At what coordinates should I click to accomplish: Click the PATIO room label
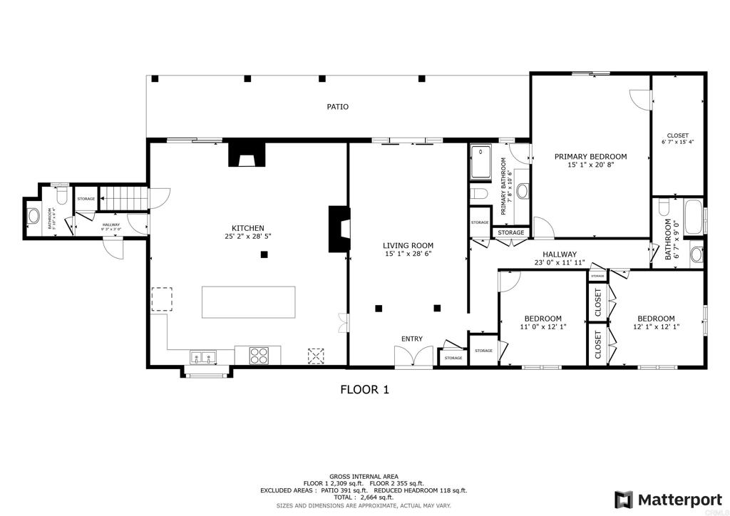tap(338, 107)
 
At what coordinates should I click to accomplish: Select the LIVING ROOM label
tap(408, 245)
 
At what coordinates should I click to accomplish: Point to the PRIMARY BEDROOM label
tap(590, 157)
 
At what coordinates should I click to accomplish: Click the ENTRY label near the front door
tap(411, 339)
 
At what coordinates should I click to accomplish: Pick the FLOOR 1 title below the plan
tap(364, 390)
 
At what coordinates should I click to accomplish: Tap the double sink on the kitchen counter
tap(203, 356)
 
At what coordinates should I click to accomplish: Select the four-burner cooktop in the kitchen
tap(257, 354)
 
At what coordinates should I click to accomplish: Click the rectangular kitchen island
tap(249, 302)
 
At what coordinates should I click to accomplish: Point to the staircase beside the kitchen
tap(122, 197)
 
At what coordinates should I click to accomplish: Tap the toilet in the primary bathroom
tap(478, 194)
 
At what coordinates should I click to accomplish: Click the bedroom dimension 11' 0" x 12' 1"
tap(543, 327)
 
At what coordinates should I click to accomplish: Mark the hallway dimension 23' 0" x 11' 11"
tap(560, 262)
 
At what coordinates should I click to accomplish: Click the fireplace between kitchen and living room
tap(339, 229)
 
